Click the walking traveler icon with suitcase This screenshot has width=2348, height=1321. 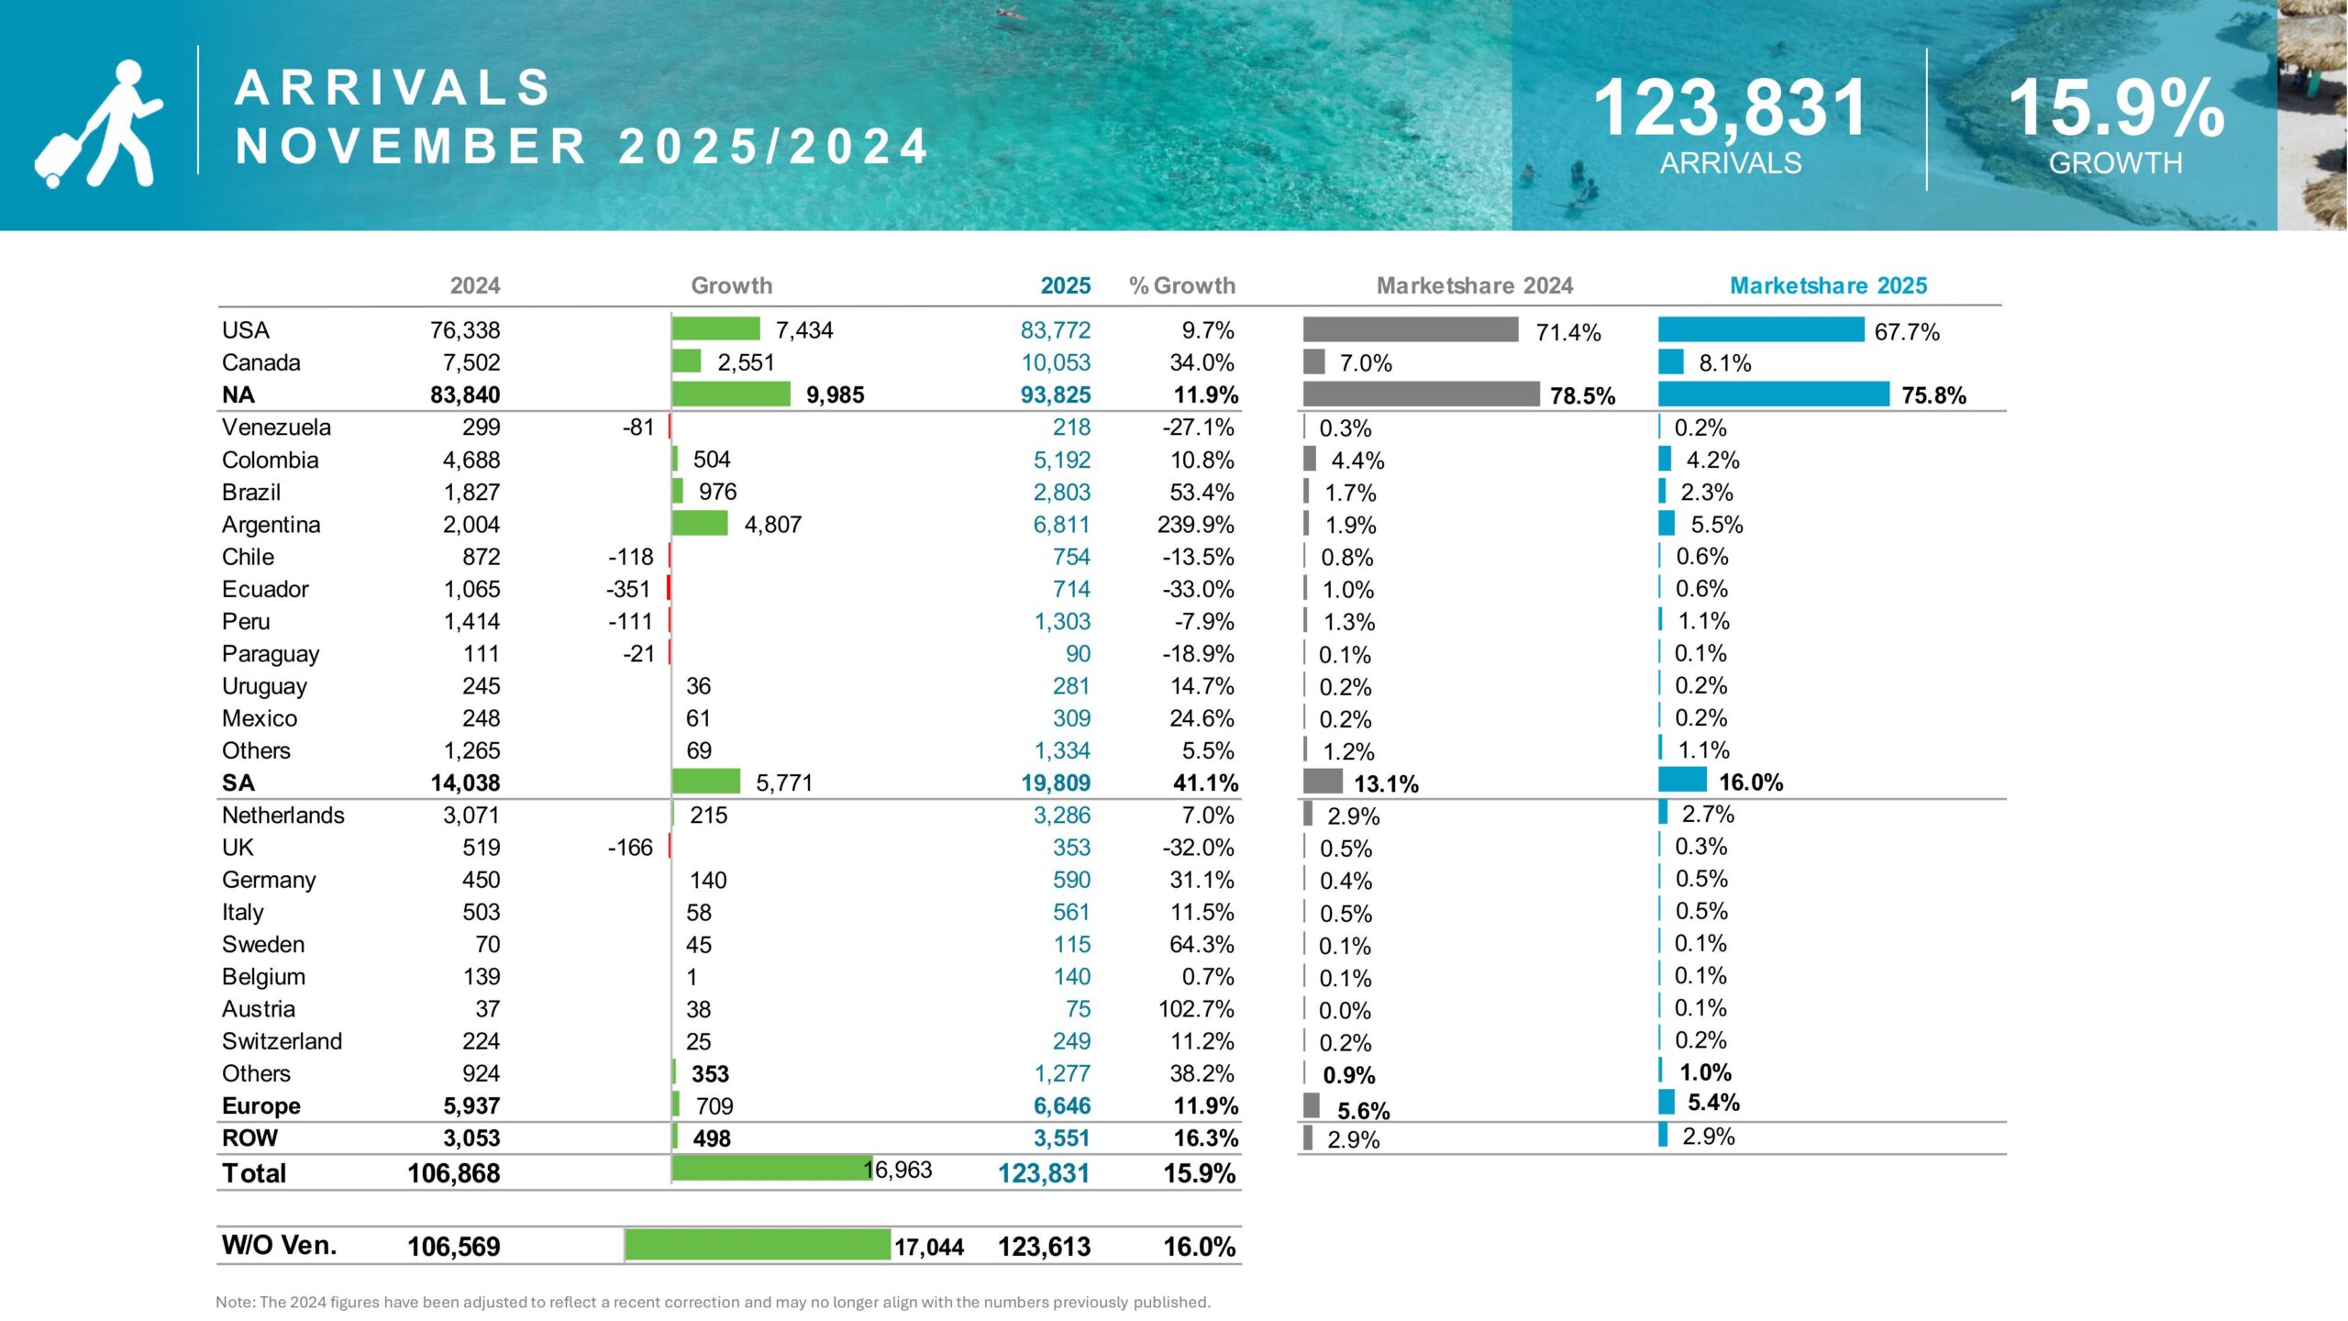point(99,124)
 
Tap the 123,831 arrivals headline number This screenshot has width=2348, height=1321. point(1730,108)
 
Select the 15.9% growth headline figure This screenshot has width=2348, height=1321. point(2116,108)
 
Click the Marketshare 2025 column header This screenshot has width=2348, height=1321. point(1828,285)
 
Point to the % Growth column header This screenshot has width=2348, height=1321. point(1181,285)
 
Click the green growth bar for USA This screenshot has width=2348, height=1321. point(715,328)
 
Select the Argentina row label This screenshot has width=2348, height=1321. point(271,525)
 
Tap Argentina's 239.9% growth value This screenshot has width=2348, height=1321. point(1195,525)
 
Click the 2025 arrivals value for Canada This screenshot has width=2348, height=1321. point(1056,362)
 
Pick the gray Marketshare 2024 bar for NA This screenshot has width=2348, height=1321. point(1421,394)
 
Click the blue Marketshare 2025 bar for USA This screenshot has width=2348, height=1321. point(1761,329)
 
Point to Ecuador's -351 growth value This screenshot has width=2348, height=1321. point(628,589)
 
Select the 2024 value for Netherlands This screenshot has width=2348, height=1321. point(471,815)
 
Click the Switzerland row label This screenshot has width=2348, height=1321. point(282,1041)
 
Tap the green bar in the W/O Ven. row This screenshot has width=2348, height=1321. point(758,1245)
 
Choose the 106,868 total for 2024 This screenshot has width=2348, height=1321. point(454,1173)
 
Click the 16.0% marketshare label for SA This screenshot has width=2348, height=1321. point(1751,783)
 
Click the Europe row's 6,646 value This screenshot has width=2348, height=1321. point(1062,1105)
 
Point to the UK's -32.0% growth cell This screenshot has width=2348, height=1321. point(1198,848)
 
